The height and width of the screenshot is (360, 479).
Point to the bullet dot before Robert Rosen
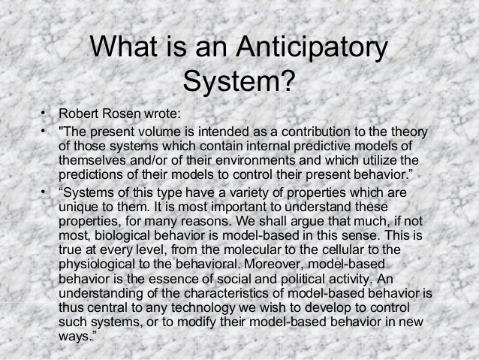(44, 114)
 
